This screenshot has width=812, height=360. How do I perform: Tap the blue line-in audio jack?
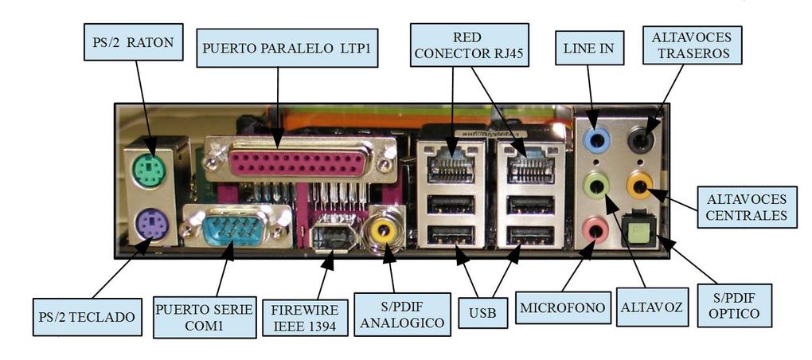point(595,141)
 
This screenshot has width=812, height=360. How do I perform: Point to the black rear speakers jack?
point(641,141)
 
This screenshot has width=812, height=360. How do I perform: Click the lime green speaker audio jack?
point(595,186)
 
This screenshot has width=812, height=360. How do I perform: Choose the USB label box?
point(482,313)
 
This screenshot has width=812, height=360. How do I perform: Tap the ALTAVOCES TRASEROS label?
point(691,45)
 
